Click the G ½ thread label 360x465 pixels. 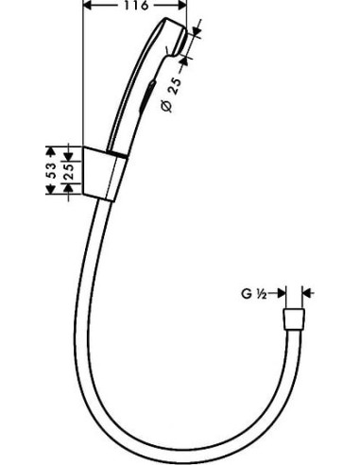(251, 294)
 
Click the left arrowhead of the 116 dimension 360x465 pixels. (89, 6)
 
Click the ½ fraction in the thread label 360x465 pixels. (260, 294)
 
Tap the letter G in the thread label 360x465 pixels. (244, 294)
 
